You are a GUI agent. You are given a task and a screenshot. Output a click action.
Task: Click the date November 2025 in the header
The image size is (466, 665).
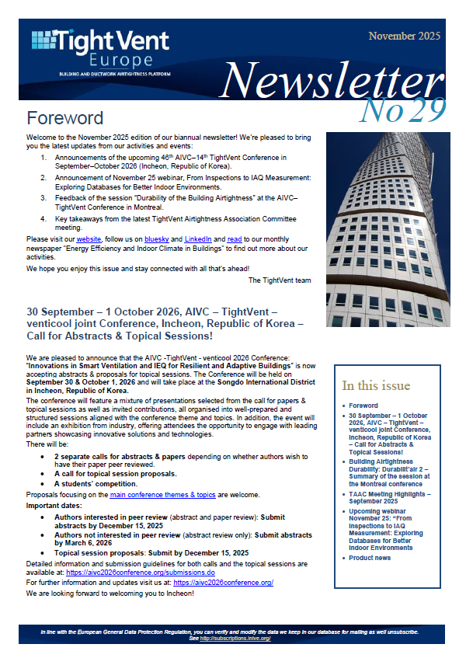[404, 37]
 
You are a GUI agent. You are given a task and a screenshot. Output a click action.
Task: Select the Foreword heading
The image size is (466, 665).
[64, 118]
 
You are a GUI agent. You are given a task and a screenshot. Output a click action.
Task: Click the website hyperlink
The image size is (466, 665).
[89, 239]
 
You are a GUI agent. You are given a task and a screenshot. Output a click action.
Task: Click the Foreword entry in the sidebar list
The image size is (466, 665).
[363, 406]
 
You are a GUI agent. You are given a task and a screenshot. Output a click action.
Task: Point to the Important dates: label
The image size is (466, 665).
[55, 504]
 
